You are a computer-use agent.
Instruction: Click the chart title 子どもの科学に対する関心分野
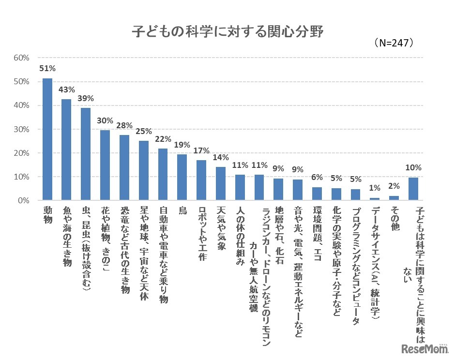227,32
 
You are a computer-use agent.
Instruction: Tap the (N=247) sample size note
394,43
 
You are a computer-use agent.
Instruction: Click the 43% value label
66,90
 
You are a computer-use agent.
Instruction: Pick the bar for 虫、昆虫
86,154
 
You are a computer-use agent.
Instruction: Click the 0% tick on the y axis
25,200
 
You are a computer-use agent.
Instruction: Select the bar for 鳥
182,177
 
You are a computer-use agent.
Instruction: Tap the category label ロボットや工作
201,235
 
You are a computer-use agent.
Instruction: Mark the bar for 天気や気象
221,183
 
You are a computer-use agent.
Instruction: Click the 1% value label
375,188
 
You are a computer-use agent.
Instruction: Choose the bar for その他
394,198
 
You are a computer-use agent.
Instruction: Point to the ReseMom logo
421,347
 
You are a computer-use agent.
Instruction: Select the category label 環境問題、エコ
317,235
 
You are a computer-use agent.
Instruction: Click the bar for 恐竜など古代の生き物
124,167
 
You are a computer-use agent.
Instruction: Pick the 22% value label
163,139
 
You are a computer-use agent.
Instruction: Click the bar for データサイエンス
375,199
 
